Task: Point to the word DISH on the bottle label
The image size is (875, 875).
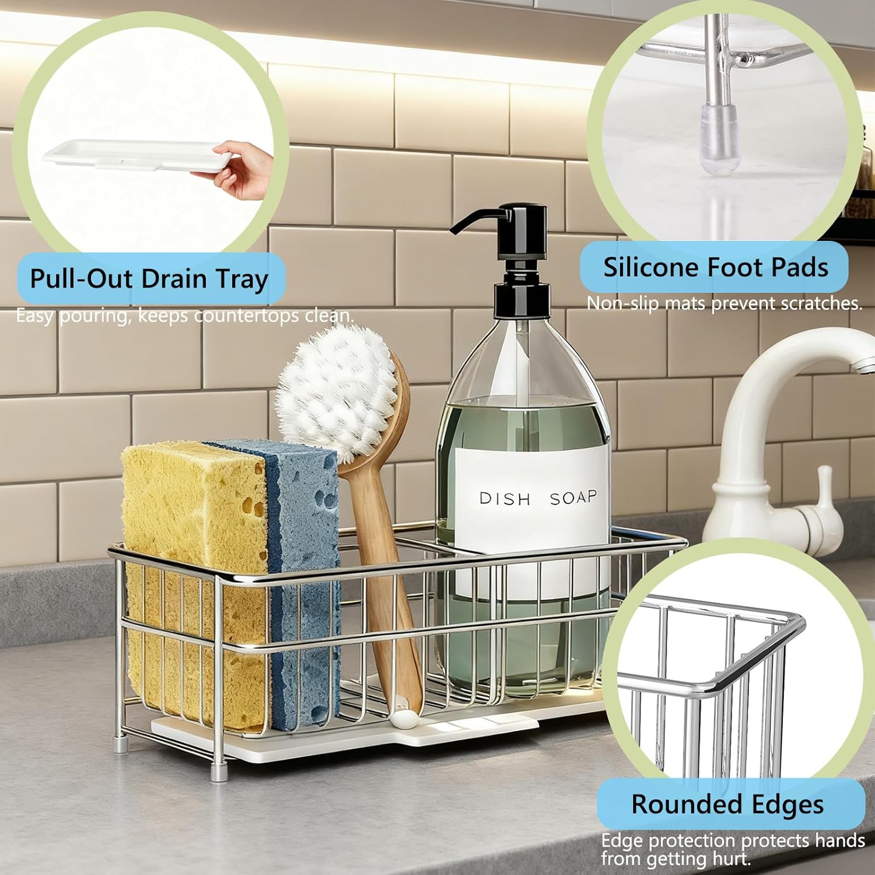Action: click(x=505, y=499)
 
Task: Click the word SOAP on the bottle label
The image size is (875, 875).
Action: click(x=573, y=498)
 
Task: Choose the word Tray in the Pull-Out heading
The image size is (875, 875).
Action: click(x=242, y=279)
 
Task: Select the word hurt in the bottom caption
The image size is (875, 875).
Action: click(x=731, y=859)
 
